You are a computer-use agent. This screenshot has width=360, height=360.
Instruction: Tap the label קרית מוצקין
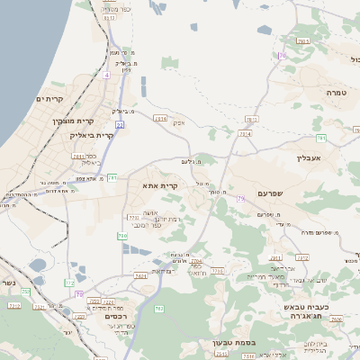73,120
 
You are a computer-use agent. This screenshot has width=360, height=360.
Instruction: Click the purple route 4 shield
105,76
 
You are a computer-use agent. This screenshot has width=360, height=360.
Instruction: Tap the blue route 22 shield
119,124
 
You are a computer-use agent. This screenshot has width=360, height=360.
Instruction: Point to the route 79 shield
239,199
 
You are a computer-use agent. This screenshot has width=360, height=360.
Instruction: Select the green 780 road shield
121,236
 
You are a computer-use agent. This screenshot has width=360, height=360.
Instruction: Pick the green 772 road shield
69,283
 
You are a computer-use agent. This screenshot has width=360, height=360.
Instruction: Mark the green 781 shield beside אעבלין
319,138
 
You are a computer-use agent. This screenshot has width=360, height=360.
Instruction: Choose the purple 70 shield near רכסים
79,293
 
